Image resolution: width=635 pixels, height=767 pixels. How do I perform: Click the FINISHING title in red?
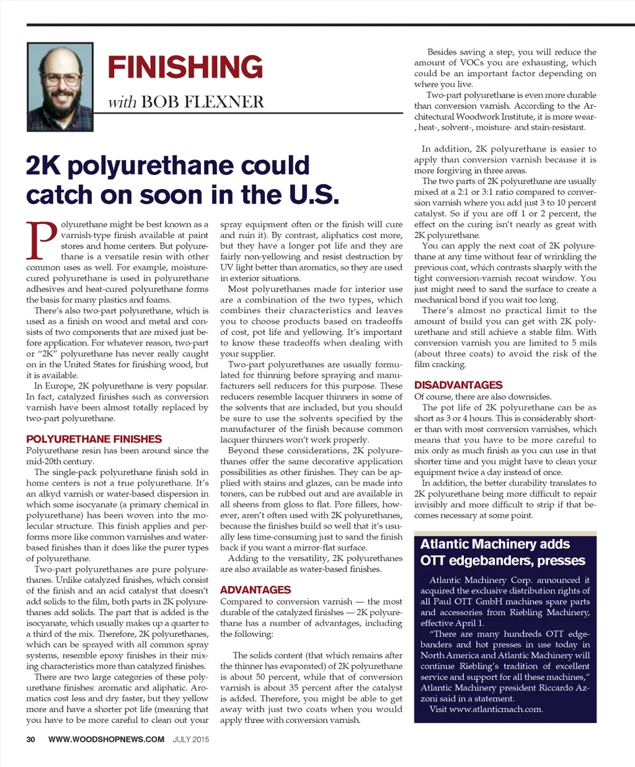pyautogui.click(x=185, y=67)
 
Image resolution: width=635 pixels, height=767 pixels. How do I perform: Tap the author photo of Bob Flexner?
pyautogui.click(x=60, y=86)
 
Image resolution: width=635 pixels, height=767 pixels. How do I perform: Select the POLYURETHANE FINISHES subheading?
pyautogui.click(x=94, y=439)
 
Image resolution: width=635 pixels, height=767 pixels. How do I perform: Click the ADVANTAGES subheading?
pyautogui.click(x=255, y=590)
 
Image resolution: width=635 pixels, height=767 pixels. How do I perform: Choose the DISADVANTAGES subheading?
pyautogui.click(x=458, y=385)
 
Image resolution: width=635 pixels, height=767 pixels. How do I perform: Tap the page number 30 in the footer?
pyautogui.click(x=31, y=739)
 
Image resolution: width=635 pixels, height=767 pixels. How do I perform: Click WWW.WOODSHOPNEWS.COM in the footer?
pyautogui.click(x=106, y=739)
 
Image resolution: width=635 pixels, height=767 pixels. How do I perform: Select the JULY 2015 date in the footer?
pyautogui.click(x=191, y=739)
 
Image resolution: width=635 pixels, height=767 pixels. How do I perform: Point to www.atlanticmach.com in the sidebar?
pyautogui.click(x=495, y=709)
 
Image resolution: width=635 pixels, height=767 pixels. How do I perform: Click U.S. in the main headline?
pyautogui.click(x=313, y=195)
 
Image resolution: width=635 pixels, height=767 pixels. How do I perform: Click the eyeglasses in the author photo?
pyautogui.click(x=60, y=80)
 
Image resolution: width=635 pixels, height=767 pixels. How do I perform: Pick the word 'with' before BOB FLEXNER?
pyautogui.click(x=122, y=102)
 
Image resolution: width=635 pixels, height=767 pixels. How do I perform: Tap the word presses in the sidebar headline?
pyautogui.click(x=561, y=561)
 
